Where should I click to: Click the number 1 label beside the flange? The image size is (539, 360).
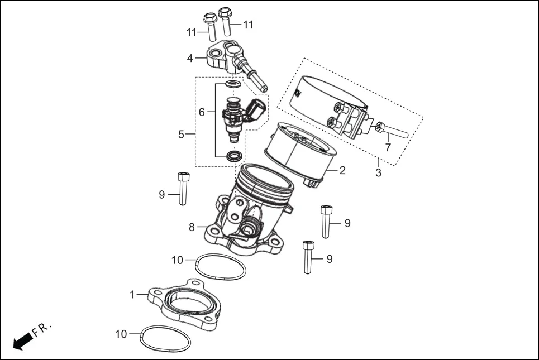click(x=132, y=294)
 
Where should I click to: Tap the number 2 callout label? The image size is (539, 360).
click(x=342, y=170)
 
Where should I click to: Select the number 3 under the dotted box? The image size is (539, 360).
click(x=378, y=173)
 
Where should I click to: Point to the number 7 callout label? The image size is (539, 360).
click(x=387, y=148)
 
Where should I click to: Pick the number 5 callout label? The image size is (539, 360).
click(x=181, y=134)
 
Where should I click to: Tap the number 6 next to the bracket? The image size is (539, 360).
click(x=202, y=112)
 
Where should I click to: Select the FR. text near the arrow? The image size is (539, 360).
click(x=42, y=330)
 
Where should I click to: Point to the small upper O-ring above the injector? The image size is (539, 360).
click(x=233, y=84)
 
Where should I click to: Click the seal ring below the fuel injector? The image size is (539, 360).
click(x=234, y=155)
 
